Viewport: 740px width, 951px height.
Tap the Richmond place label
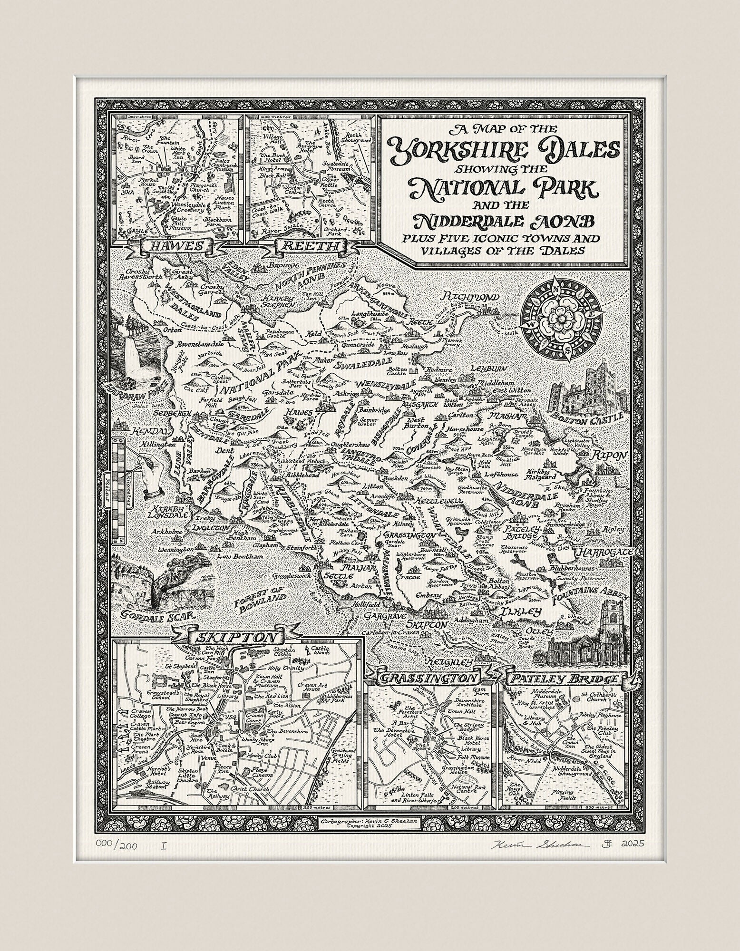point(471,297)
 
